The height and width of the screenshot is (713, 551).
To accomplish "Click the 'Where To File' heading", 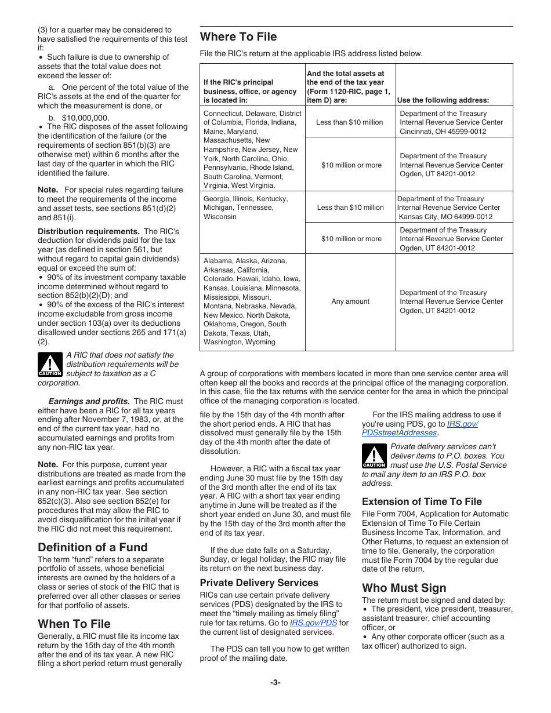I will click(238, 37).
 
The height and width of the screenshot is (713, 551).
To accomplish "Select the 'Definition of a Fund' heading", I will click(92, 547).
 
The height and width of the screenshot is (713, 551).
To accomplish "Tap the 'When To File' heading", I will click(74, 624).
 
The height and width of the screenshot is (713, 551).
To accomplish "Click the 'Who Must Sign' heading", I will click(404, 588).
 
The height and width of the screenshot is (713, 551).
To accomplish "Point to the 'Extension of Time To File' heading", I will click(422, 501).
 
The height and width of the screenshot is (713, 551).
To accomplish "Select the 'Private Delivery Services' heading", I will click(259, 583).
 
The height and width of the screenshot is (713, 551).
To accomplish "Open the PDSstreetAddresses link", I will click(399, 432).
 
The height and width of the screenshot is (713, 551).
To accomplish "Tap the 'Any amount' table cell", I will click(350, 301).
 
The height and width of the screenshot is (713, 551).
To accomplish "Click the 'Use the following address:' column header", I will click(443, 100).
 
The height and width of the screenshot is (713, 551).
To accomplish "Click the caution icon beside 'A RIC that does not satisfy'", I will click(50, 365).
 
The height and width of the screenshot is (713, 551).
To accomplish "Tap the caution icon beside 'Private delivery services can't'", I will click(374, 456).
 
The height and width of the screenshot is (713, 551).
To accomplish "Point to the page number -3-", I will click(275, 682).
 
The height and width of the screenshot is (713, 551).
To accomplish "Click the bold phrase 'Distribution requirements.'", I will click(89, 231).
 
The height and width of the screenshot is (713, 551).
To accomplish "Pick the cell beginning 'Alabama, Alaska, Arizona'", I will click(252, 301).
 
